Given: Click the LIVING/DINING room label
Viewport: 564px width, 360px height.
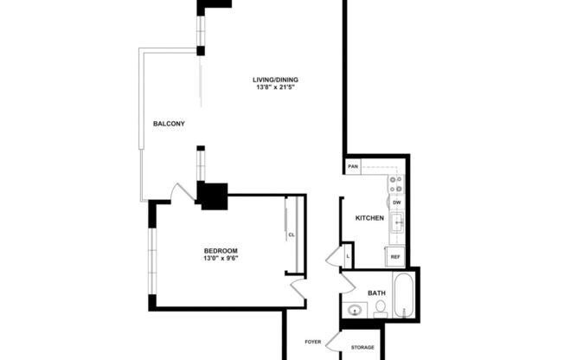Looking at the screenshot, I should coord(276,80).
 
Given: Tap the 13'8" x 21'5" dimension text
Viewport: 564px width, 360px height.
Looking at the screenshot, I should coord(276,88).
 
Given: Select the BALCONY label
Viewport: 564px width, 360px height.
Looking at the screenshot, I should coord(169,124).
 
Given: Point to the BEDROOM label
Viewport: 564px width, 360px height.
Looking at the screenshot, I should coord(221,251).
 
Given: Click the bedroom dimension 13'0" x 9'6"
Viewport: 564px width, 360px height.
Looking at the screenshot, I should coord(221,259).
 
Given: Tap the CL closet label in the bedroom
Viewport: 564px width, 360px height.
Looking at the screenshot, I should coord(292,234).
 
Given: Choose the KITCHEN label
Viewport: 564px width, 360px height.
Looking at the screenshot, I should coord(369,218).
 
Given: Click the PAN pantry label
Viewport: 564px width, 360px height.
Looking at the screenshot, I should coord(353,166).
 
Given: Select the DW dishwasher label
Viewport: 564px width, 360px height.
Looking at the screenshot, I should coord(397,202).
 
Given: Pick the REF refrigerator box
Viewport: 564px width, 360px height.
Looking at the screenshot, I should coord(395,257).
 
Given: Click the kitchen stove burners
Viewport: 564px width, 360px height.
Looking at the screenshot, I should coord(396,184).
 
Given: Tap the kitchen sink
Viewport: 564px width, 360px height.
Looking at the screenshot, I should coord(398,223).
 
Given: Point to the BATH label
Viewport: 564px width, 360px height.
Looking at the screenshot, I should coord(377,293).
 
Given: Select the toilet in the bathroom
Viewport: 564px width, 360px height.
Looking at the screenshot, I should coord(381,308).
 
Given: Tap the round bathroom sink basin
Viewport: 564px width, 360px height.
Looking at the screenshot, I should coord(355,310).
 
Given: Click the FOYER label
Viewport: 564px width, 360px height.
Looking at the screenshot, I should coord(314,342).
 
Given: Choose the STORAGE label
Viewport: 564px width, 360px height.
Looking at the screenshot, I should coord(362,347).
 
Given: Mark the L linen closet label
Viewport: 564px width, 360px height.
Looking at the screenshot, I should coord(348,255).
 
